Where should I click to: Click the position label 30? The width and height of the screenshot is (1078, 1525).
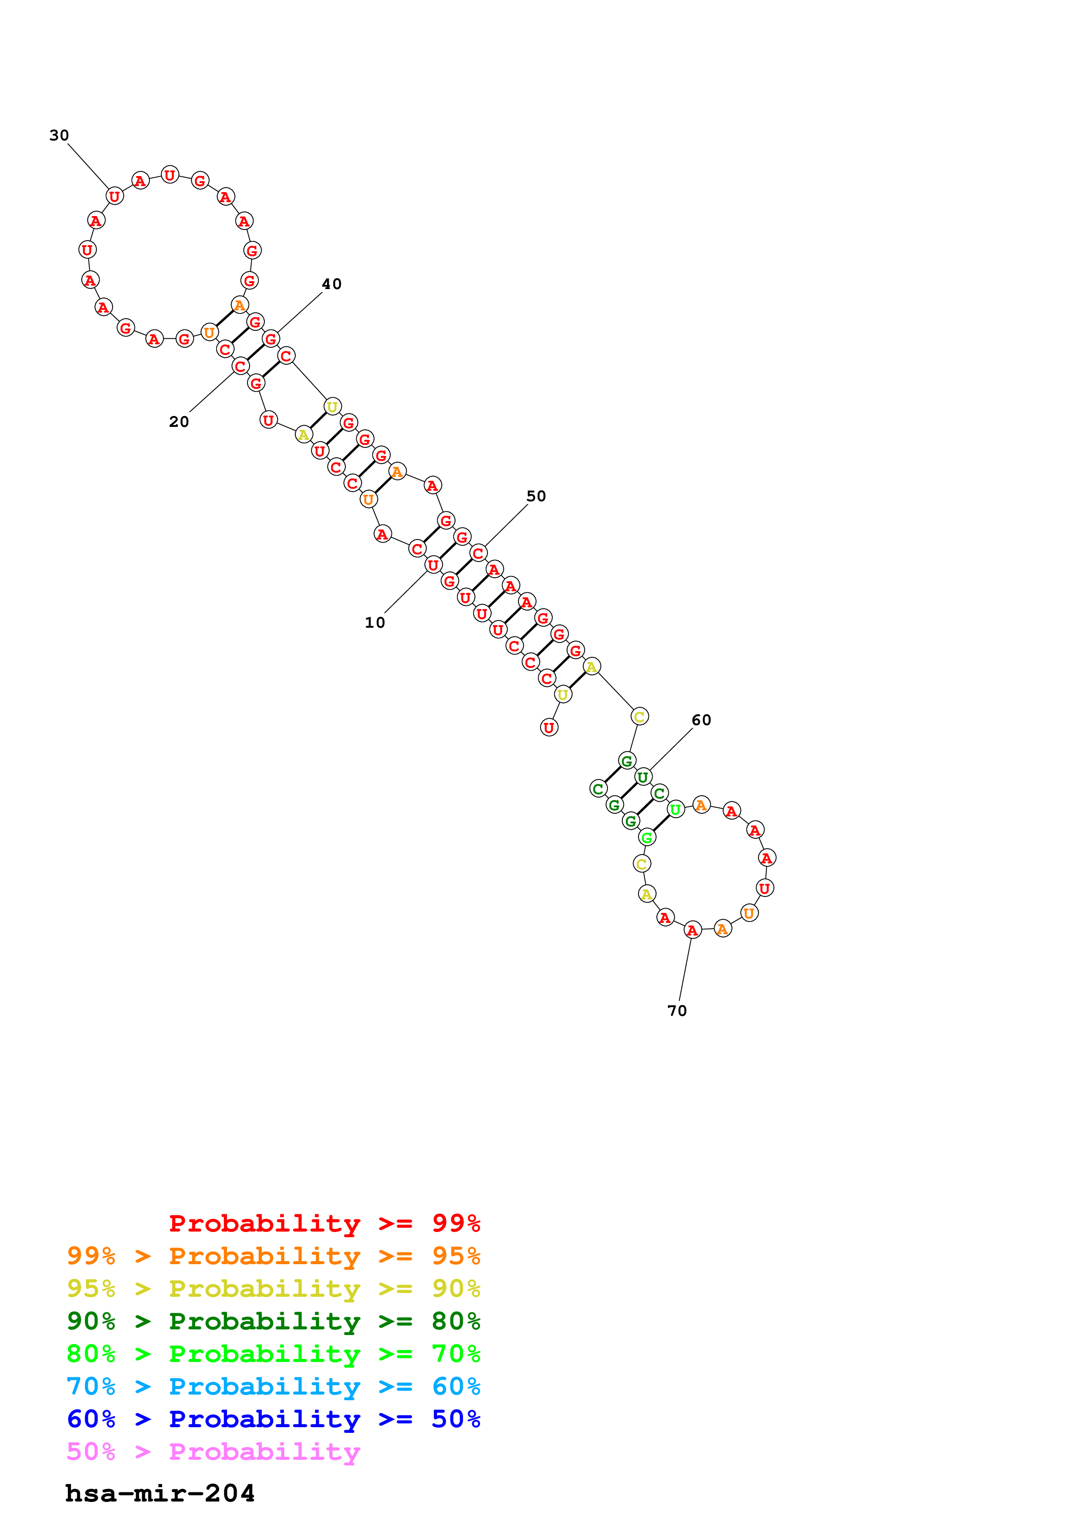(x=59, y=136)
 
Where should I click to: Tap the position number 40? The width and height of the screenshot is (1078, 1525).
(x=331, y=284)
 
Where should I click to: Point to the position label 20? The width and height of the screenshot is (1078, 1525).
(x=179, y=422)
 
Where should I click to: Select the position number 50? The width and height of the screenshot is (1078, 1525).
(x=536, y=496)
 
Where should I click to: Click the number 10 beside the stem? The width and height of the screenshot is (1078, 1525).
(x=374, y=623)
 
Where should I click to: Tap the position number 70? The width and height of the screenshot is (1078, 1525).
(x=677, y=1010)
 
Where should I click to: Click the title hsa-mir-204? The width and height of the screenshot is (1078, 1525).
(x=160, y=1493)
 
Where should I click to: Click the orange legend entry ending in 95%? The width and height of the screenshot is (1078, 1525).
(x=274, y=1255)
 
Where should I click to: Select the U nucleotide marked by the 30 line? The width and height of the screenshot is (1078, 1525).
(x=114, y=196)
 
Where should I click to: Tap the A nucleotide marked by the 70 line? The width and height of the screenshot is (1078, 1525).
(x=692, y=930)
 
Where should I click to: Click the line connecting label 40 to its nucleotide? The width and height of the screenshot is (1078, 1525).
(x=300, y=312)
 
